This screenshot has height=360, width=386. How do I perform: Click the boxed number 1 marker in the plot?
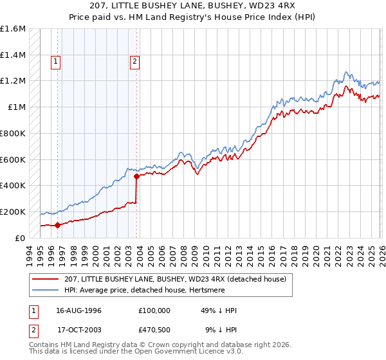(57, 62)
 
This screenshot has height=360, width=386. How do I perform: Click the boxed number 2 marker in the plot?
(135, 62)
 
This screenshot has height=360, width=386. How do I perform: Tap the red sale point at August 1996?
(57, 225)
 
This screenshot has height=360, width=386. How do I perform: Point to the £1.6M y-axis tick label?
(13, 29)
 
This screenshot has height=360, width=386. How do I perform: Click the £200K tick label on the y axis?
(13, 212)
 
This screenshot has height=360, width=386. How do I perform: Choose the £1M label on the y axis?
(17, 107)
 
